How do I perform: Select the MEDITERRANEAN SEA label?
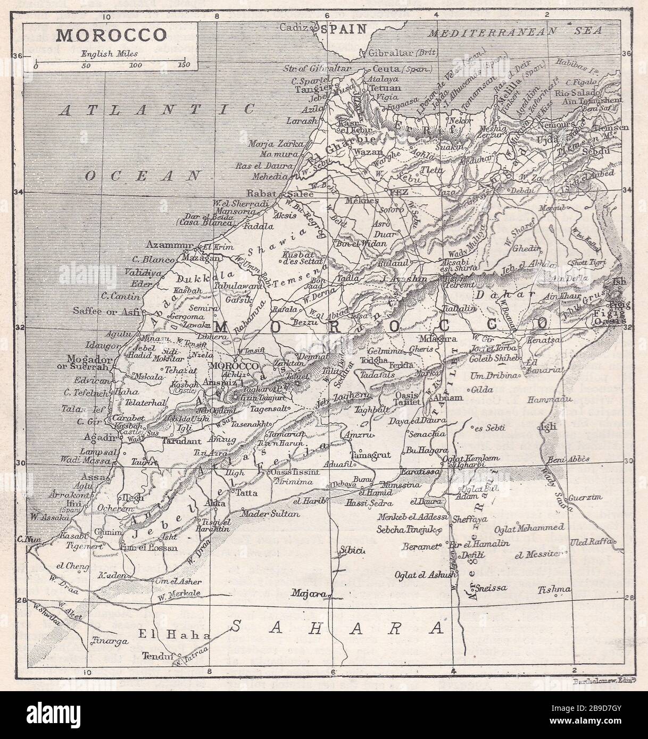pyautogui.click(x=516, y=31)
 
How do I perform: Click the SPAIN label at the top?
pyautogui.click(x=348, y=29)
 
